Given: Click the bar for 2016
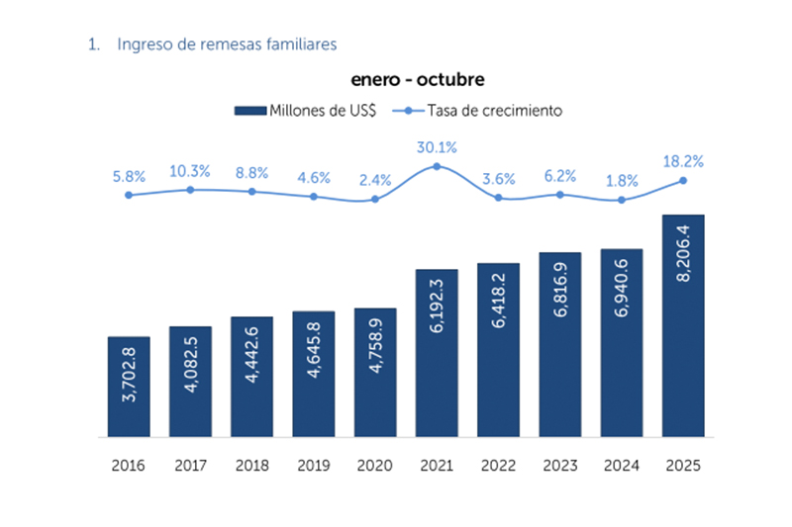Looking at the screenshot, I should pyautogui.click(x=128, y=387).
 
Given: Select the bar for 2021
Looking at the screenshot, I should pyautogui.click(x=437, y=353).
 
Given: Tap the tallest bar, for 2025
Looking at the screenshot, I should pyautogui.click(x=683, y=325).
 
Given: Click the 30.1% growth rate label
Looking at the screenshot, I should pyautogui.click(x=437, y=147).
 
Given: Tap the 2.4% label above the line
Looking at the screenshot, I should pyautogui.click(x=375, y=180).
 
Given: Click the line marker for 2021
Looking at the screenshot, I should pyautogui.click(x=437, y=166).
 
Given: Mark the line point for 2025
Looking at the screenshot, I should pyautogui.click(x=683, y=181).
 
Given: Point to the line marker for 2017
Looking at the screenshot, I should pyautogui.click(x=190, y=189).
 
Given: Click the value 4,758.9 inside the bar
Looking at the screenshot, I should pyautogui.click(x=375, y=372).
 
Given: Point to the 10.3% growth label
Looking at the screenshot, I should pyautogui.click(x=190, y=171).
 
